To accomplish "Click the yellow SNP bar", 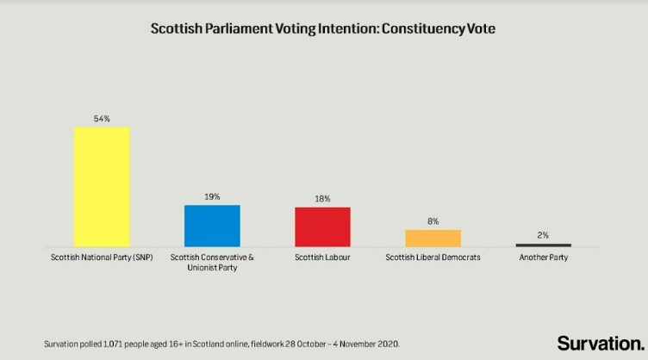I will click(x=102, y=187).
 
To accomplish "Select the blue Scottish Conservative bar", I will click(x=212, y=226).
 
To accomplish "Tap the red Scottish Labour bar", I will click(x=322, y=227).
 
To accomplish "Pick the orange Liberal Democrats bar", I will click(x=433, y=239).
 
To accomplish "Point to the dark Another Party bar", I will click(x=543, y=245).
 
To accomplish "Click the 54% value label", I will click(x=102, y=119).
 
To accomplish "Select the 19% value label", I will click(x=212, y=196).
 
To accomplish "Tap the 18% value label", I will click(x=322, y=199).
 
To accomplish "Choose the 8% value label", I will click(x=433, y=221).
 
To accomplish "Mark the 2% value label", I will click(x=543, y=235).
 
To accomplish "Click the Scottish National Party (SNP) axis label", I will click(x=102, y=258).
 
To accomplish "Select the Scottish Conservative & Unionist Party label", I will click(x=212, y=263).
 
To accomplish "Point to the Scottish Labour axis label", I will click(x=322, y=258).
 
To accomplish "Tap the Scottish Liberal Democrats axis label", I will click(x=433, y=258).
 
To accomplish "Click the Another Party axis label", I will click(x=543, y=258).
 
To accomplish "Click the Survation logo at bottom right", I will click(x=600, y=343).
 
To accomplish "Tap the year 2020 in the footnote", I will click(x=389, y=344).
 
